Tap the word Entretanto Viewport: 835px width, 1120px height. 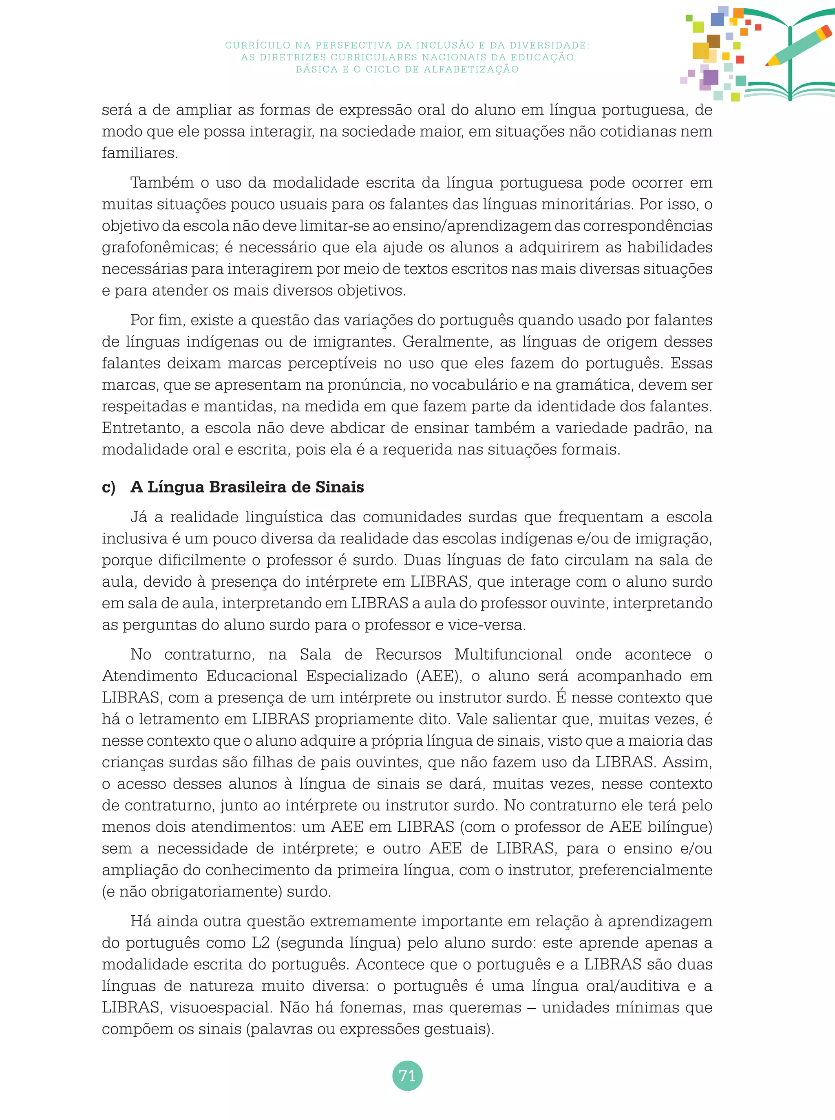pyautogui.click(x=142, y=428)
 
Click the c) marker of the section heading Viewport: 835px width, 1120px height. pyautogui.click(x=109, y=487)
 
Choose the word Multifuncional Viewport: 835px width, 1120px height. pyautogui.click(x=508, y=654)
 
